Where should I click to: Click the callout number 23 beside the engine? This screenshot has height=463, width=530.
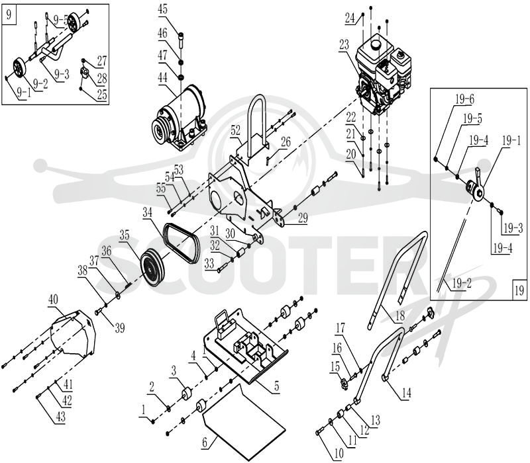click(x=344, y=45)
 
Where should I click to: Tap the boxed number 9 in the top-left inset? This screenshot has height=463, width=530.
click(x=9, y=15)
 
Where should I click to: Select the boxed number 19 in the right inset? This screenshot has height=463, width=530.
click(x=519, y=290)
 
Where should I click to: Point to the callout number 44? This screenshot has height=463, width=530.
click(x=162, y=77)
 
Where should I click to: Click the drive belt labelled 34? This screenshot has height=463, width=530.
click(x=182, y=242)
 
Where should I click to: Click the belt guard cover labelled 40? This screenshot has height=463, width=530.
click(x=73, y=333)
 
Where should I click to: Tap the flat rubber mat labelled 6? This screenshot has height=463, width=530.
click(x=244, y=423)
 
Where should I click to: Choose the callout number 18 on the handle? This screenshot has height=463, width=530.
click(x=400, y=316)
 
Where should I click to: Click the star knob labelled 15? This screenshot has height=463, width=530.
click(x=344, y=384)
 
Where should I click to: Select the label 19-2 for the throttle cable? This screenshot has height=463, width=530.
click(x=462, y=283)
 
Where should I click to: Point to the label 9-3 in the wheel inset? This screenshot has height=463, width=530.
click(x=62, y=74)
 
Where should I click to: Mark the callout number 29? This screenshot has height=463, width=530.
click(x=303, y=218)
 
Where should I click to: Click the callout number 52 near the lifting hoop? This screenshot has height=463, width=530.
click(x=235, y=130)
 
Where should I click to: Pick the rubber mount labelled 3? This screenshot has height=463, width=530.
click(x=186, y=394)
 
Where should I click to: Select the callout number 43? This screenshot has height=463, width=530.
click(x=60, y=417)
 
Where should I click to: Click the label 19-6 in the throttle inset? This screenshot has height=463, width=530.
click(x=464, y=99)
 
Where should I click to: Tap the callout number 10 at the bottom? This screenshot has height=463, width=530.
click(x=339, y=454)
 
